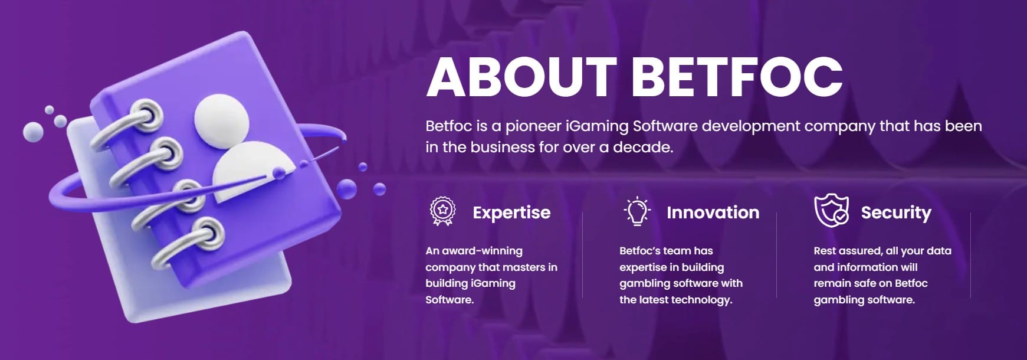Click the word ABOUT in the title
point(521,77)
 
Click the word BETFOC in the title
point(737,77)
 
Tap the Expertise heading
point(511,212)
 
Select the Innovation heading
point(713,212)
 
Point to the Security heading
point(896,213)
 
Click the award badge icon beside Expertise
point(442,211)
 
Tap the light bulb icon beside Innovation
point(637,211)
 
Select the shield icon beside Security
point(831,211)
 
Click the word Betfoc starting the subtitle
point(448,126)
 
